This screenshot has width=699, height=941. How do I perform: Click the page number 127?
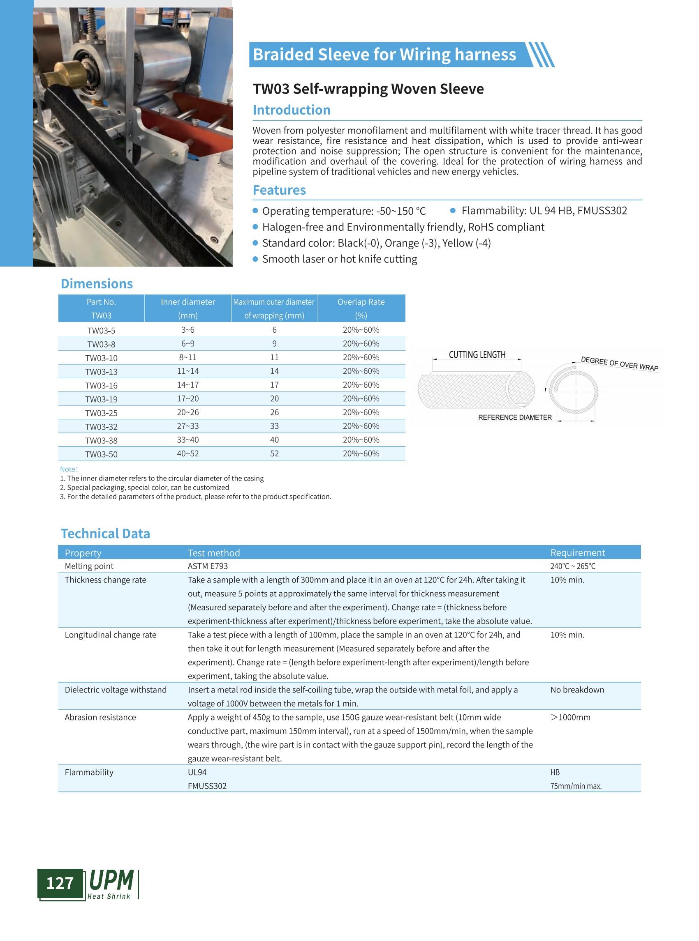[60, 883]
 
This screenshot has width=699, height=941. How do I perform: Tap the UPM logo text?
[111, 880]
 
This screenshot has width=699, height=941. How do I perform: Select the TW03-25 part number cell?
[101, 413]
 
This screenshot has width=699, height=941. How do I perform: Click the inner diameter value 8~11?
[187, 357]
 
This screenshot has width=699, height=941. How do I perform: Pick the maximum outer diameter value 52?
[274, 453]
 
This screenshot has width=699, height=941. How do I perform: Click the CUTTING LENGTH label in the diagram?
[477, 354]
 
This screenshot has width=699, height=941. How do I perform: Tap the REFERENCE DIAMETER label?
[514, 418]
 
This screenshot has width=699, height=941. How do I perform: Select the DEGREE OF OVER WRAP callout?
[619, 364]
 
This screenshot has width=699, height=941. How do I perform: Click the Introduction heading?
[291, 110]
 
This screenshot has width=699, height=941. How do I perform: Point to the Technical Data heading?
[105, 534]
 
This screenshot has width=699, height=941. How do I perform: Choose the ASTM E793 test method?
[208, 566]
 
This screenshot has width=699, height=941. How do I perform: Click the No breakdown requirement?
[577, 690]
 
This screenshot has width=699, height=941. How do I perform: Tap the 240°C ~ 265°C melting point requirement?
[572, 566]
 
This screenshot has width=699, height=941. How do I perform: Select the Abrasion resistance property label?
[100, 718]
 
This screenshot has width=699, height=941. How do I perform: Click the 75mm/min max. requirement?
[576, 786]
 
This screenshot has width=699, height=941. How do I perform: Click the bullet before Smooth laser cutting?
[255, 259]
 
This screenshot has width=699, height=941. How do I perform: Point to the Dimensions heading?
[97, 284]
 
